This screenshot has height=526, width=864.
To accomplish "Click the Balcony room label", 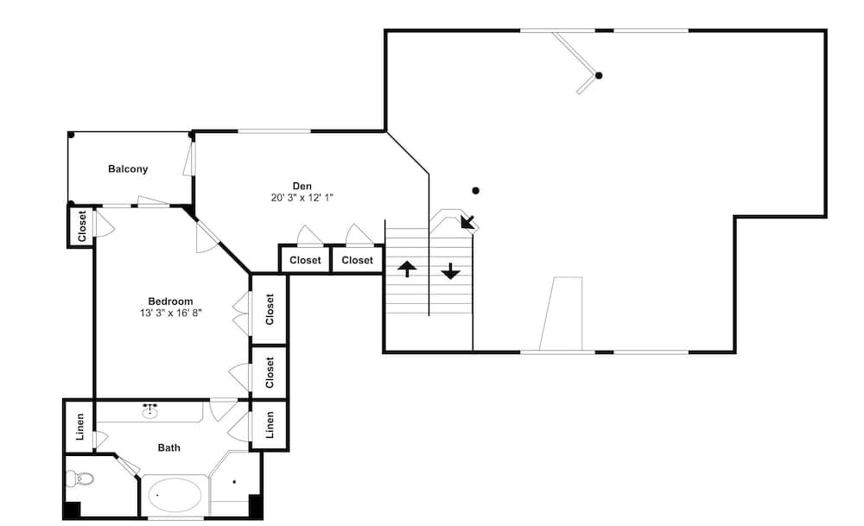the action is point(128,169).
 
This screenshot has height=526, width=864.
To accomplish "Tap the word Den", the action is point(302,187).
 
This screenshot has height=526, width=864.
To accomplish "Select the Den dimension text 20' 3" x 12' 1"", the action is point(302,198).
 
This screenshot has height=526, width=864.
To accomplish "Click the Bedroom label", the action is point(170,301).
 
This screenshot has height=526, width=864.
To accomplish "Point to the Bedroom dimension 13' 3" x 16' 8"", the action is point(171,313).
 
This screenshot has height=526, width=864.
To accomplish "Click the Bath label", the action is point(168,447).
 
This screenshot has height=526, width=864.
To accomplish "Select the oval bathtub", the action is point(175,495).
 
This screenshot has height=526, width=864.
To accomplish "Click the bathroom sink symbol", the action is point(149,410).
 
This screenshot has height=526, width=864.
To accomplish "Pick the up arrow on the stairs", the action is point(407,269).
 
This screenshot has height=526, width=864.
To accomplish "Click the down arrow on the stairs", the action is point(451,271).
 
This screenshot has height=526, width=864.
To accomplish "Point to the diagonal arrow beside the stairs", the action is point(467,221).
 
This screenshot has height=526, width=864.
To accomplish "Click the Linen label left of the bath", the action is point(80,427).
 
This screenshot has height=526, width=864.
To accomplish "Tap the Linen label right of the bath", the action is point(270,425).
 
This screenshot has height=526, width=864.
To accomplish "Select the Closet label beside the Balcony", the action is point(82,225).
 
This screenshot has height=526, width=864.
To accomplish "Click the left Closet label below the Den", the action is point(305,260).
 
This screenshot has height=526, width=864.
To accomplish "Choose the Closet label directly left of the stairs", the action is point(357,260).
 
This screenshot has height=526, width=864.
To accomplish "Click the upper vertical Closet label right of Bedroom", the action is point(270,309).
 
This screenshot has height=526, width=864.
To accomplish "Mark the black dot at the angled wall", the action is point(599,75).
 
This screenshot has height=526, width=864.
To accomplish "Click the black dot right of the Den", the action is point(475,191).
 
